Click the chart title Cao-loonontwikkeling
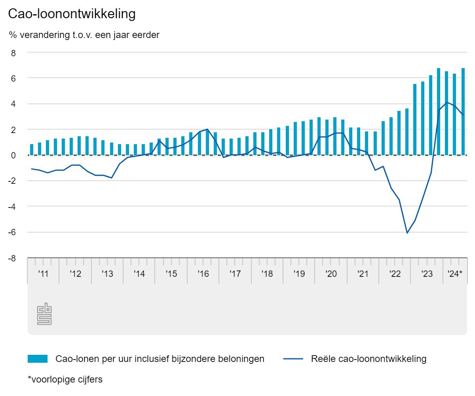pyautogui.click(x=72, y=14)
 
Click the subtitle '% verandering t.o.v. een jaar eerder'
pyautogui.click(x=84, y=35)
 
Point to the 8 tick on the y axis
pyautogui.click(x=13, y=52)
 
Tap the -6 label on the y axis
pyautogui.click(x=12, y=232)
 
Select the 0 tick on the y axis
pyautogui.click(x=13, y=155)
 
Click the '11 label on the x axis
pyautogui.click(x=43, y=274)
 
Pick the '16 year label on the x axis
pyautogui.click(x=203, y=274)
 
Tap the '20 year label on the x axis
pyautogui.click(x=331, y=274)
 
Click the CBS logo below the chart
pyautogui.click(x=44, y=314)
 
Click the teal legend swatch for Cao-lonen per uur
pyautogui.click(x=38, y=359)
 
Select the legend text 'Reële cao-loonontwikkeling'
pyautogui.click(x=369, y=359)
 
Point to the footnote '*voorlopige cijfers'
pyautogui.click(x=65, y=379)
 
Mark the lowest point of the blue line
pyautogui.click(x=407, y=233)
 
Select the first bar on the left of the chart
pyautogui.click(x=32, y=149)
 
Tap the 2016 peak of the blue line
pyautogui.click(x=207, y=129)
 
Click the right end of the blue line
pyautogui.click(x=463, y=115)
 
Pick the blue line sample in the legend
pyautogui.click(x=293, y=359)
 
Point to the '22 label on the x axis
pyautogui.click(x=395, y=274)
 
